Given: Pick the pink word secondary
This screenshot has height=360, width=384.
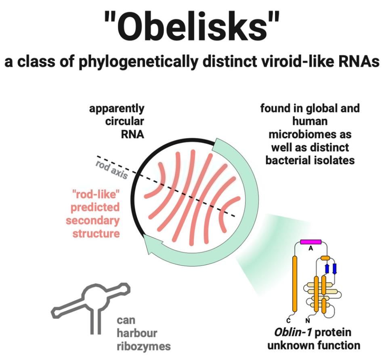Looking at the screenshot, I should pyautogui.click(x=93, y=221).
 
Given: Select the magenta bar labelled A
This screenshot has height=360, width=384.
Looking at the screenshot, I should pyautogui.click(x=311, y=242).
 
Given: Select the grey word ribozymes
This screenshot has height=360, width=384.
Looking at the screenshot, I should pyautogui.click(x=143, y=346).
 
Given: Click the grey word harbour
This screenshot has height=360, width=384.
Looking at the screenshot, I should pyautogui.click(x=137, y=333).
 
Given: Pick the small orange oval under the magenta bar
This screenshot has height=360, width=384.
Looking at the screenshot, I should pyautogui.click(x=325, y=258).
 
